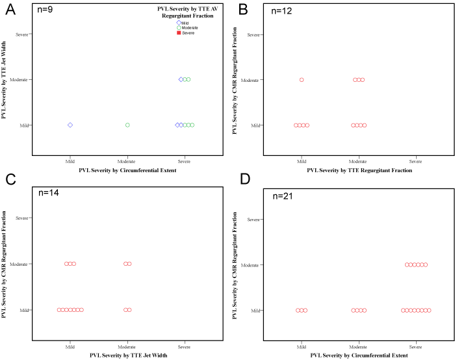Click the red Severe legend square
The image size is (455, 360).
click(179, 32)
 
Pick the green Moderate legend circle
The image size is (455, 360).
click(179, 28)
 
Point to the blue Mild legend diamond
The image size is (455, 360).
click(179, 23)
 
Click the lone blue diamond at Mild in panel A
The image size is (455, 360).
click(70, 125)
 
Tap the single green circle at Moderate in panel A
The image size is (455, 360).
click(127, 125)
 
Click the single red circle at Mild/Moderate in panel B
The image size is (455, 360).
click(302, 79)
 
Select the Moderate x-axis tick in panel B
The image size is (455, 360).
click(359, 160)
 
